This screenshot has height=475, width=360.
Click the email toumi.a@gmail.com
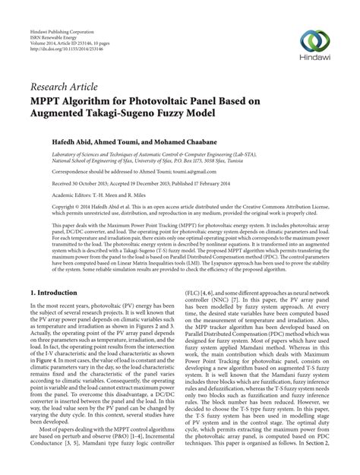[x=185, y=172]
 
